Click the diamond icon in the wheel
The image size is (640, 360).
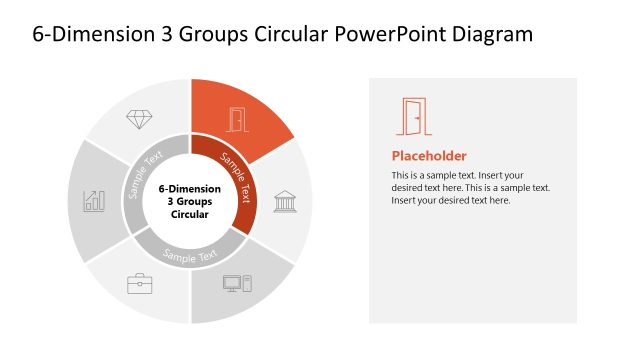139,118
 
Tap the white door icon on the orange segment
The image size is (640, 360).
236,119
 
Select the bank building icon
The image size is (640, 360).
284,199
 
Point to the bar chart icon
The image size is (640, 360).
95,200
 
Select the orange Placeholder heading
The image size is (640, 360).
429,156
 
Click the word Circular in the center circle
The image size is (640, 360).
190,214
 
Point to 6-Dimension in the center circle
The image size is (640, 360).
190,188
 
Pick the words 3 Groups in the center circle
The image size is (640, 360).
190,201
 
